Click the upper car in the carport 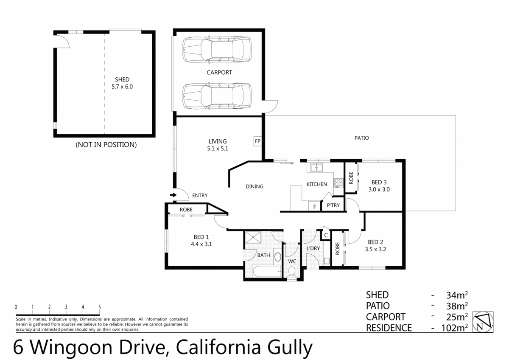point(216,50)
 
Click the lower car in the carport point(216,96)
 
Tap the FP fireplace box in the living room point(257,141)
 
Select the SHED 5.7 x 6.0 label point(122,83)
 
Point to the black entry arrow point(173,195)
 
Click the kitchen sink point(316,168)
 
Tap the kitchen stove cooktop point(338,183)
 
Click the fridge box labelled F point(314,206)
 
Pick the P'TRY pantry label point(333,205)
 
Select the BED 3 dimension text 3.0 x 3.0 point(379,190)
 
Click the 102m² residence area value point(453,328)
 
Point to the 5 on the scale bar point(99,307)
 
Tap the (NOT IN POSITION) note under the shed point(106,145)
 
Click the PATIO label point(361,138)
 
